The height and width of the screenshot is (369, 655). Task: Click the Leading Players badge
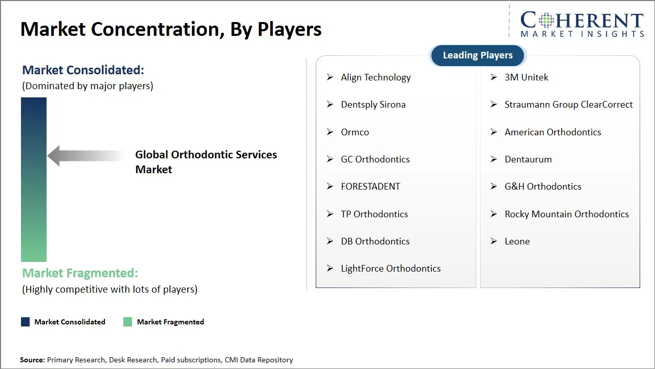(x=477, y=55)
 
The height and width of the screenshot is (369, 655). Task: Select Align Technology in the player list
(x=376, y=77)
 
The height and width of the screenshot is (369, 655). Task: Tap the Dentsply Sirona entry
(x=373, y=105)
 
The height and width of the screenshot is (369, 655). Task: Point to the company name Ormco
(x=355, y=132)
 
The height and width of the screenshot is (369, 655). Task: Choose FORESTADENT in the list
(x=370, y=187)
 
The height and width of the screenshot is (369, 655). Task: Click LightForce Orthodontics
(x=390, y=269)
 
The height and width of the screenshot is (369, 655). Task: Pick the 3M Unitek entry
(x=526, y=77)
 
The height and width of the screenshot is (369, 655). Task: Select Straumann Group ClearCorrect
(x=569, y=105)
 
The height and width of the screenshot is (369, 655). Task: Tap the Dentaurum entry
(x=528, y=159)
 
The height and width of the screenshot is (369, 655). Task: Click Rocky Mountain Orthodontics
(x=566, y=214)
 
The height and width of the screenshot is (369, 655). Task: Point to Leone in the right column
(x=517, y=241)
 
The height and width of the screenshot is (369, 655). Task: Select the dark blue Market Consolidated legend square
(x=25, y=322)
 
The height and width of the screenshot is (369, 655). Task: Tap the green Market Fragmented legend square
(x=128, y=322)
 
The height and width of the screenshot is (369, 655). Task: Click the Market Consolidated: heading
(x=83, y=70)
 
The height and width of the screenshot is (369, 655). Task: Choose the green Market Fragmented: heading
(x=80, y=273)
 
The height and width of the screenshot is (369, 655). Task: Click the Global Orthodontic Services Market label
(x=206, y=162)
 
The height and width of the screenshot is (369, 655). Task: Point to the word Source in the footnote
(x=32, y=360)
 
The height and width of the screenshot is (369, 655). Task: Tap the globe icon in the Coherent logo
(x=545, y=21)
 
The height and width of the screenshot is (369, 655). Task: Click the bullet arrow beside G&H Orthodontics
(x=494, y=187)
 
